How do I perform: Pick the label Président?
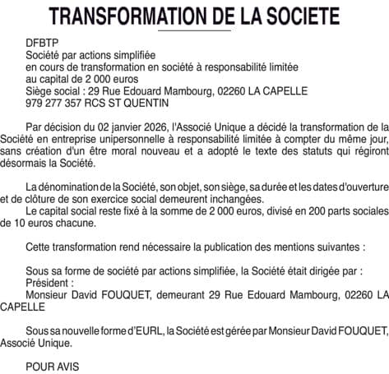50,280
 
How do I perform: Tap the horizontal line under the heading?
194,31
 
